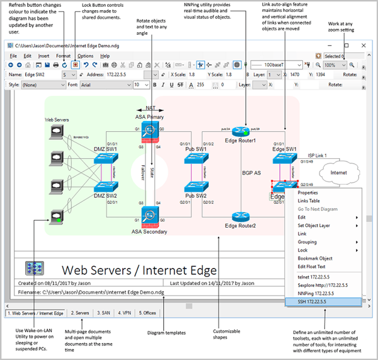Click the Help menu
tap(105, 56)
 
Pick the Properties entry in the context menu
tap(308, 193)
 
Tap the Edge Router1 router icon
tap(240, 131)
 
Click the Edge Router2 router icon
tap(240, 216)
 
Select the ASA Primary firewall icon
tap(149, 131)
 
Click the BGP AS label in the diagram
tap(251, 171)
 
